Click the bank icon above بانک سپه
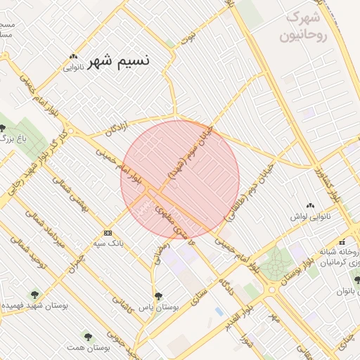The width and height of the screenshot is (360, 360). (x=108, y=232)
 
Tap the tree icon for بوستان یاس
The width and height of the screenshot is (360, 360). (x=157, y=297)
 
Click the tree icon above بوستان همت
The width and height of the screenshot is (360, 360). (x=88, y=337)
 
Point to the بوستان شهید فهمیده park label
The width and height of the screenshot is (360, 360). (x=34, y=307)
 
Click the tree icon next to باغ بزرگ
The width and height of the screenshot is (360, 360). (x=4, y=129)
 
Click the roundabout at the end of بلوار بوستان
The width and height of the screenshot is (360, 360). (x=271, y=289)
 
